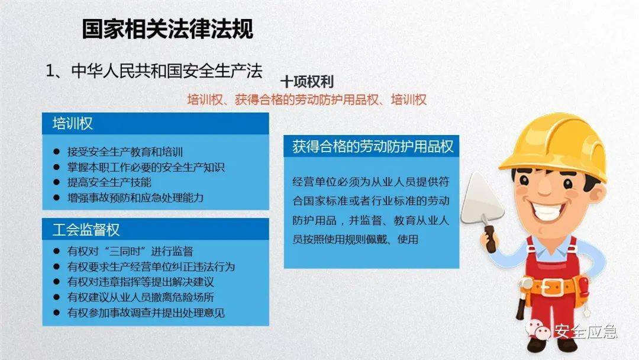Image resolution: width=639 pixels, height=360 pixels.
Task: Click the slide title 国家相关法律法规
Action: point(167,28)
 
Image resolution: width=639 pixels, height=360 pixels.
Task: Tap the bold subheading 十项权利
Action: point(307,82)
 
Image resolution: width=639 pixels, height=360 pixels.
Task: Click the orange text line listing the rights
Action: point(306,99)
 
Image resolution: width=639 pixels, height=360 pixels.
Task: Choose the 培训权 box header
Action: point(156,123)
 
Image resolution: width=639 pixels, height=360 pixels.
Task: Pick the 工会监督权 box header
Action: point(156,229)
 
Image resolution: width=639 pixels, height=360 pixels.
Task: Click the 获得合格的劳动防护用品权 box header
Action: point(372,146)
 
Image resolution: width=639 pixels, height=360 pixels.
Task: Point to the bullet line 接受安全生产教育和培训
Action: point(129,152)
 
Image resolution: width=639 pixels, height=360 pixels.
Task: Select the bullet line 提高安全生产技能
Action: point(109,182)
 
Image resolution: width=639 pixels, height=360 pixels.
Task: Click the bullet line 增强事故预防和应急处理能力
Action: point(135,198)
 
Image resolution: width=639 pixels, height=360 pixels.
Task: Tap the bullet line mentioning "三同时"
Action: point(130,251)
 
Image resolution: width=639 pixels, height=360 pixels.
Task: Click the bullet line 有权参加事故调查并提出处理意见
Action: point(146,313)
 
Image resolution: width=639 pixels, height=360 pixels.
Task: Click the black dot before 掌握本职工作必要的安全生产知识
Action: point(57,168)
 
